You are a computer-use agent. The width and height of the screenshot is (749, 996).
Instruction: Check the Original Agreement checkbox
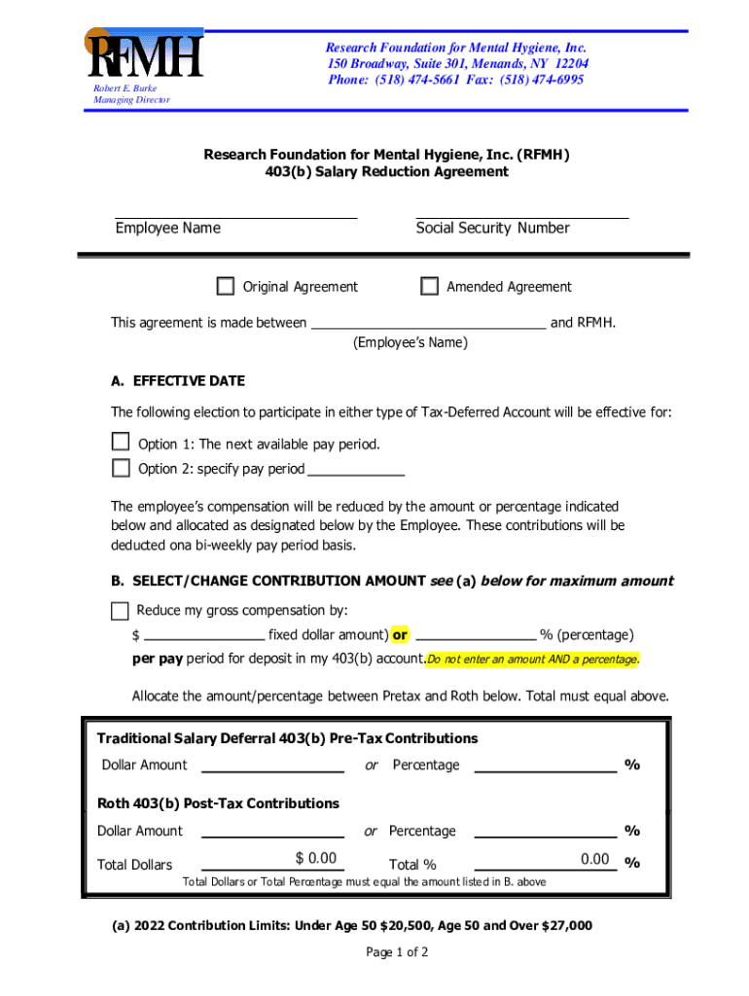coord(226,286)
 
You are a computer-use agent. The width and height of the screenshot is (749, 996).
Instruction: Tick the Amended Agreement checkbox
coord(429,286)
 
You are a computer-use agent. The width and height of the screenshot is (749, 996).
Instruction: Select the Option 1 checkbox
coord(121,443)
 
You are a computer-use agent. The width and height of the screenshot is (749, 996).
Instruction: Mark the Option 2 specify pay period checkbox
coord(121,468)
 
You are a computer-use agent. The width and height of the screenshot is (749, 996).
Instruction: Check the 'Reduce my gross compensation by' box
coord(120,611)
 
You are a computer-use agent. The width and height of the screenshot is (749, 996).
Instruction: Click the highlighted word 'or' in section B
coord(400,635)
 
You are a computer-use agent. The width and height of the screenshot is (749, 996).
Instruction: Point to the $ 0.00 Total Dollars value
coord(315,858)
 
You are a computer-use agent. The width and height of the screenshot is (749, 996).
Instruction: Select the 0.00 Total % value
coord(594,859)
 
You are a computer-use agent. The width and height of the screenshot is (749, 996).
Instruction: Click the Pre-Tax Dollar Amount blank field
coord(272,766)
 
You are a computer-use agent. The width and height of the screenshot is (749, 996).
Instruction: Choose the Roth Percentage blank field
coord(545,832)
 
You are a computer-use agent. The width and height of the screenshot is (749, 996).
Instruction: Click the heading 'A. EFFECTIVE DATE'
coord(178,380)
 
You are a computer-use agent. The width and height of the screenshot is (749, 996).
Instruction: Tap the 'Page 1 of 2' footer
coord(397,952)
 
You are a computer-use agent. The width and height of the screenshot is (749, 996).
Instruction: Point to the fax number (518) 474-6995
coord(544,80)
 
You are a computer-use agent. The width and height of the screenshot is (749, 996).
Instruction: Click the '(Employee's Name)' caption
coord(410,342)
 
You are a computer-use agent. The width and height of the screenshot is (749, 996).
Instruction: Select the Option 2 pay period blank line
coord(355,470)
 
